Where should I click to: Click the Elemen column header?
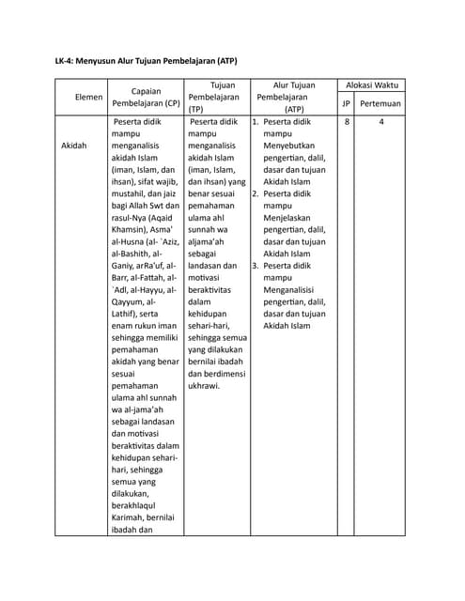(75, 97)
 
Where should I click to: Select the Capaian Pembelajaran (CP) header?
(146, 97)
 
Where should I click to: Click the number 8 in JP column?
(347, 123)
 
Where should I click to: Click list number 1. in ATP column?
(255, 123)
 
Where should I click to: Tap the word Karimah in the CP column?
(130, 518)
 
